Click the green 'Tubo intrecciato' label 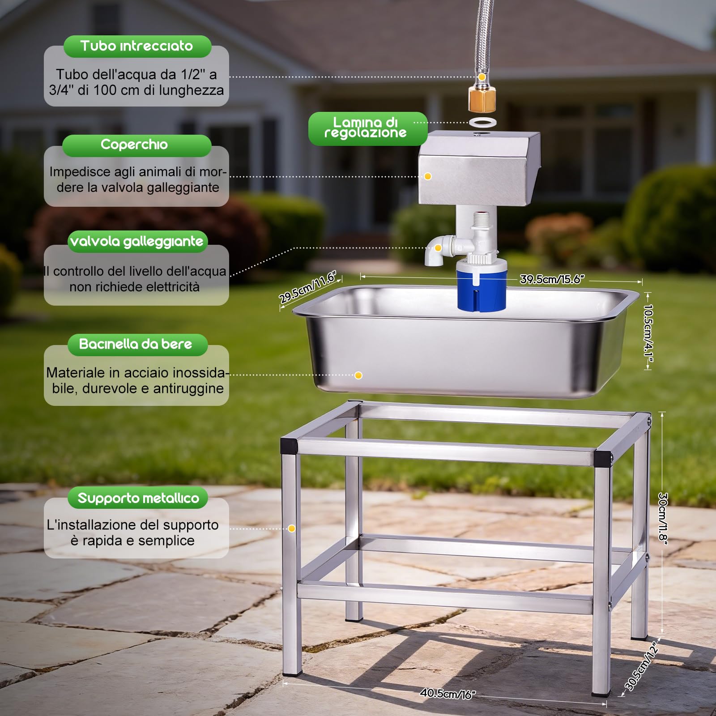[137, 46]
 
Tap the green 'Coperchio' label [136, 145]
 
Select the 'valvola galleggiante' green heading [137, 242]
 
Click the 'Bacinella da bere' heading [137, 345]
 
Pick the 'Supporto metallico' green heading [138, 498]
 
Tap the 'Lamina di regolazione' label [367, 128]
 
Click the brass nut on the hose [482, 99]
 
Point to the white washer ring [482, 122]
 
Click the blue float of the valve [481, 286]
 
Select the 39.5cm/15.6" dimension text [552, 280]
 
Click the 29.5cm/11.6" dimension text [308, 287]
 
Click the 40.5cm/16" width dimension [447, 694]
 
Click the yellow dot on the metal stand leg [292, 528]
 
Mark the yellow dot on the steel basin [358, 375]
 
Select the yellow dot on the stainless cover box [428, 176]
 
